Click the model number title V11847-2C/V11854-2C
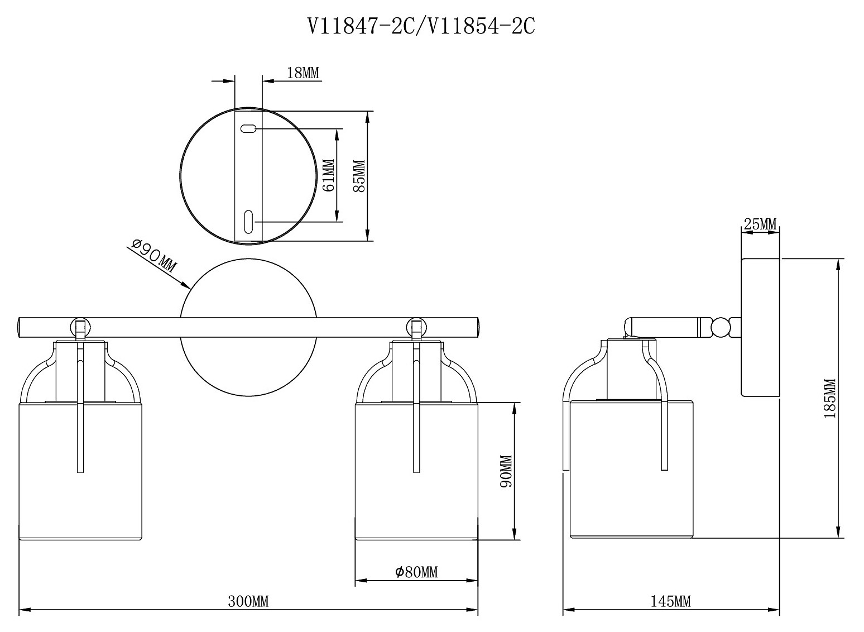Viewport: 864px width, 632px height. tap(421, 27)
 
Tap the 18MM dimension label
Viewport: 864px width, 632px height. tap(303, 73)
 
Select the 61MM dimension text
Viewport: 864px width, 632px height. tap(328, 175)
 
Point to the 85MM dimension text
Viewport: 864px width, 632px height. tap(359, 176)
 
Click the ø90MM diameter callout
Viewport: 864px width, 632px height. tap(154, 255)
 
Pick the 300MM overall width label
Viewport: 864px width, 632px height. tap(248, 601)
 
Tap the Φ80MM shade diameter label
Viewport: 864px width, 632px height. tap(416, 571)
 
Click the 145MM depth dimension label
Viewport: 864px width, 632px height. tap(671, 601)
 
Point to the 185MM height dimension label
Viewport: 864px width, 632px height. tap(829, 399)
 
